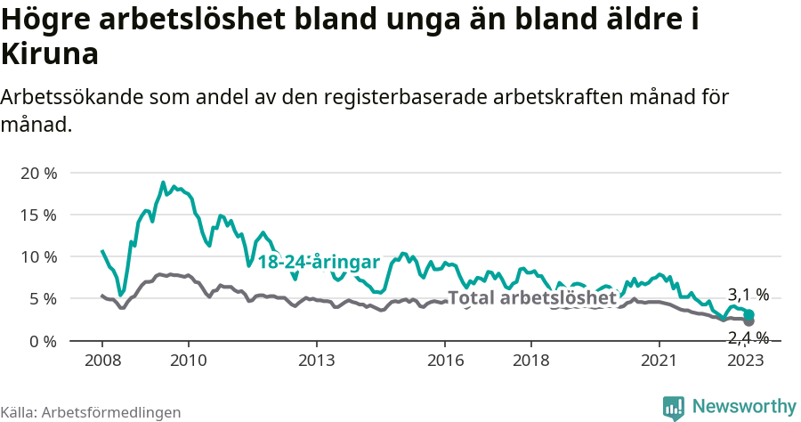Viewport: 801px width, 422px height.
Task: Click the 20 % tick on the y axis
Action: click(x=37, y=173)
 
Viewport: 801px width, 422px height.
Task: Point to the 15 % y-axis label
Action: click(x=37, y=215)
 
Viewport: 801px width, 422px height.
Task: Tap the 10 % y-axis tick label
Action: click(x=37, y=256)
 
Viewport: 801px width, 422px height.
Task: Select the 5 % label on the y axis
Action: click(x=42, y=298)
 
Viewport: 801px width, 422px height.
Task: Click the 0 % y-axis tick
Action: click(x=42, y=341)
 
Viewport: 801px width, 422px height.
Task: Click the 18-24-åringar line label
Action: click(x=319, y=262)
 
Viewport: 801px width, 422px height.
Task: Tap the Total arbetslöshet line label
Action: click(x=531, y=298)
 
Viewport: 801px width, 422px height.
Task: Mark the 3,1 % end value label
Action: click(x=748, y=295)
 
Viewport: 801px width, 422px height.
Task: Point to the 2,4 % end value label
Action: click(x=748, y=337)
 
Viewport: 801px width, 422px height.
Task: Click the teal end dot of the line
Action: click(x=749, y=315)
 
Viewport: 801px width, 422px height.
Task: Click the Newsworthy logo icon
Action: click(x=674, y=407)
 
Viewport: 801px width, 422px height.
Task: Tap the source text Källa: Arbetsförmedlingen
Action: click(x=91, y=412)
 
